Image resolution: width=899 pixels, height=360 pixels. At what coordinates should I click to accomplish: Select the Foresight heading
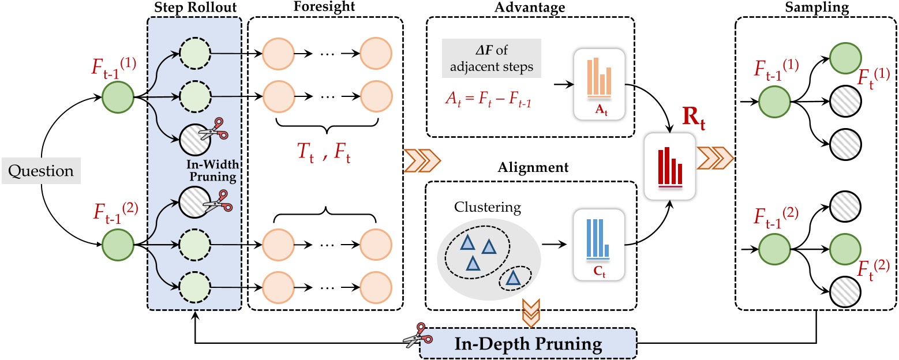[325, 6]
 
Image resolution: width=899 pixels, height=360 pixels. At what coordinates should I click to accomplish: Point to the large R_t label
[684, 123]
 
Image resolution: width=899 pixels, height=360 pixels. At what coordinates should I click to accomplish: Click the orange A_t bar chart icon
[598, 84]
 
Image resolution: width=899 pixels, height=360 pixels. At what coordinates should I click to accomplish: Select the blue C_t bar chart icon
[598, 244]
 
